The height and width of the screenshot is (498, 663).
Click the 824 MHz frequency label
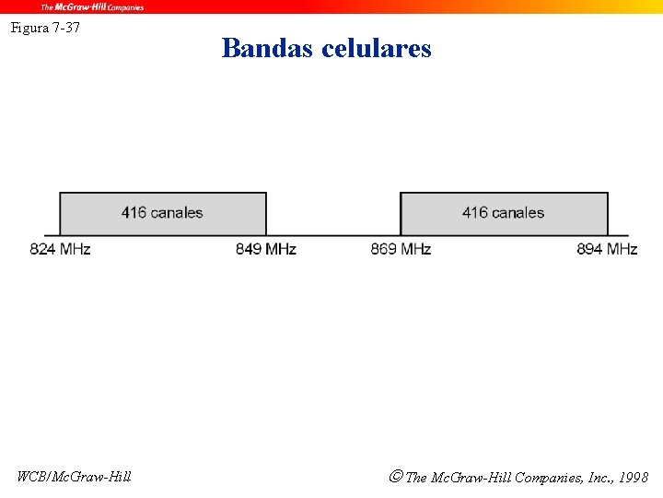[x=60, y=249]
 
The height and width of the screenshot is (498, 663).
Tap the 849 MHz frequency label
[x=265, y=249]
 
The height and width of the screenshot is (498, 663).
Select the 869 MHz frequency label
[x=401, y=249]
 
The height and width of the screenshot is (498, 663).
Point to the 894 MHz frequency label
[x=607, y=249]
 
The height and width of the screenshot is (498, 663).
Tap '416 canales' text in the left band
[x=162, y=213]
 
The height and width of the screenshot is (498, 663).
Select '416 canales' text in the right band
[x=503, y=213]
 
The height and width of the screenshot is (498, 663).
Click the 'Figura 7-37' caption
[x=45, y=28]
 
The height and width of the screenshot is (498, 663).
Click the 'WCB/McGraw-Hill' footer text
[x=74, y=477]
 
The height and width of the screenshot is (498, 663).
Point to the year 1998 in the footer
[x=634, y=478]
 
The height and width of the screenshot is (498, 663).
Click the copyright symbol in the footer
[x=395, y=477]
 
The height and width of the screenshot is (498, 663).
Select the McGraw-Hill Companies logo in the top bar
[x=92, y=6]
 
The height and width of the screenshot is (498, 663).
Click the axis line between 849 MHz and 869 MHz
[x=332, y=236]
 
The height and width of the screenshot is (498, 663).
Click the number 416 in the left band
[x=134, y=213]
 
